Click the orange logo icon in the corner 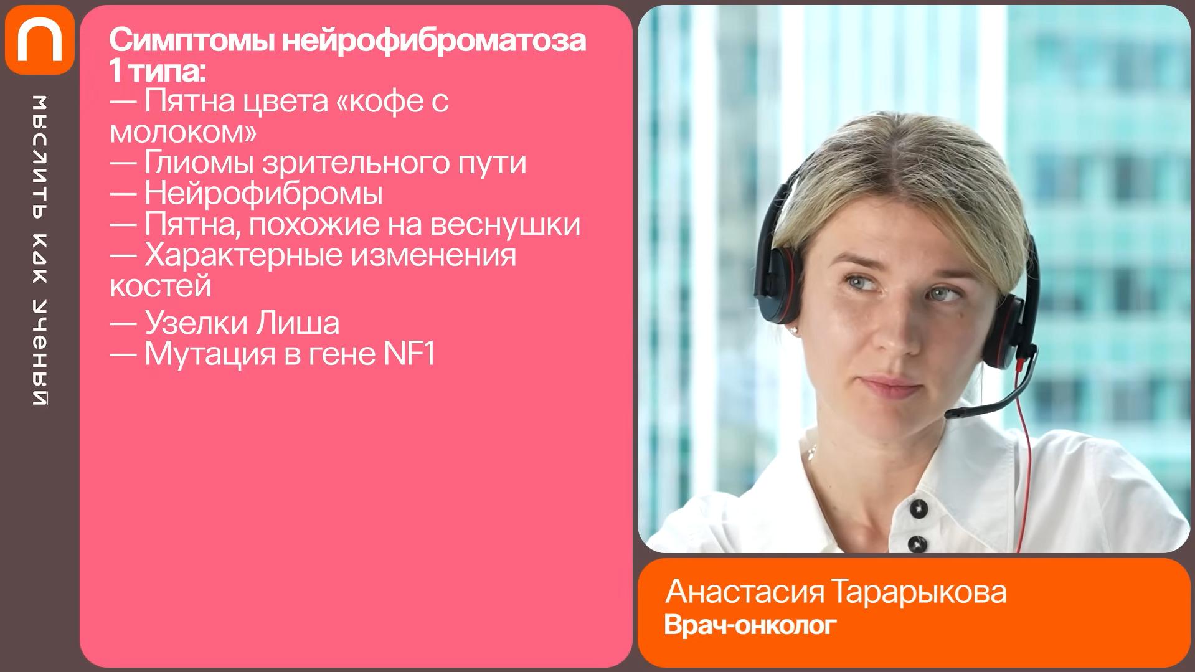39,40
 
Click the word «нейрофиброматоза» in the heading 435,41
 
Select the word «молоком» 183,131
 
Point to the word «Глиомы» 199,163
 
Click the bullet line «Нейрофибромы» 246,194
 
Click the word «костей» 161,286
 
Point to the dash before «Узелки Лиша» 123,324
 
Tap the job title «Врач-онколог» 750,625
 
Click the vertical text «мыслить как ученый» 39,250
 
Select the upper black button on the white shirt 919,509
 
